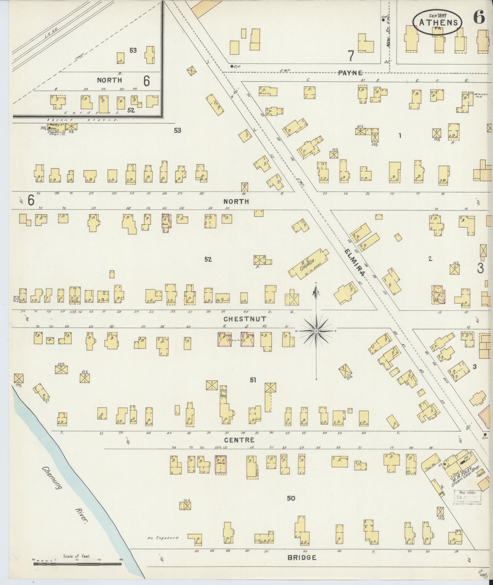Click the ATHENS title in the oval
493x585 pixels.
[438, 23]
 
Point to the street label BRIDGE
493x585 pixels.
[302, 557]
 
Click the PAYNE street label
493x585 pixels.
[350, 73]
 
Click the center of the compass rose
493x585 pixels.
[316, 331]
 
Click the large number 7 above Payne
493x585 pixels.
[351, 56]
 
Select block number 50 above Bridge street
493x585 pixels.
[291, 498]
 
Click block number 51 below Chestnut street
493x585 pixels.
[253, 380]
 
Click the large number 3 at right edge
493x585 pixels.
[480, 268]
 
